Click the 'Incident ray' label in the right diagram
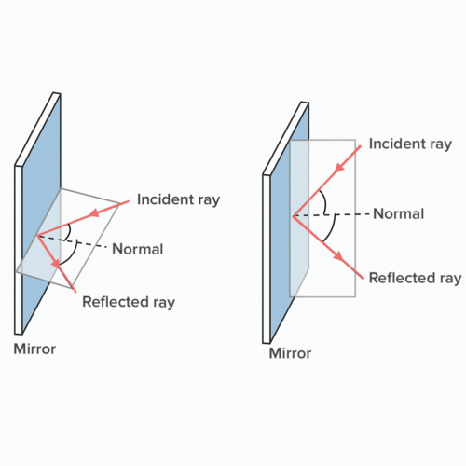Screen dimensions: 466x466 tap(410, 144)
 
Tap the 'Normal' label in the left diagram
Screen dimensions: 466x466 tap(137, 249)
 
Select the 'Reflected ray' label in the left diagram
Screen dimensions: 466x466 tap(128, 302)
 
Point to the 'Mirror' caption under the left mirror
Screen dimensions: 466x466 tap(34, 349)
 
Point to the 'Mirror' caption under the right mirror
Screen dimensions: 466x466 tap(290, 353)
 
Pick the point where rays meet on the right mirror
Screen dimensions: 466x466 tap(293, 216)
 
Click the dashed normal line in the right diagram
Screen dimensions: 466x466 tap(340, 215)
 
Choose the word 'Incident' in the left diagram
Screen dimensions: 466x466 tap(164, 199)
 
